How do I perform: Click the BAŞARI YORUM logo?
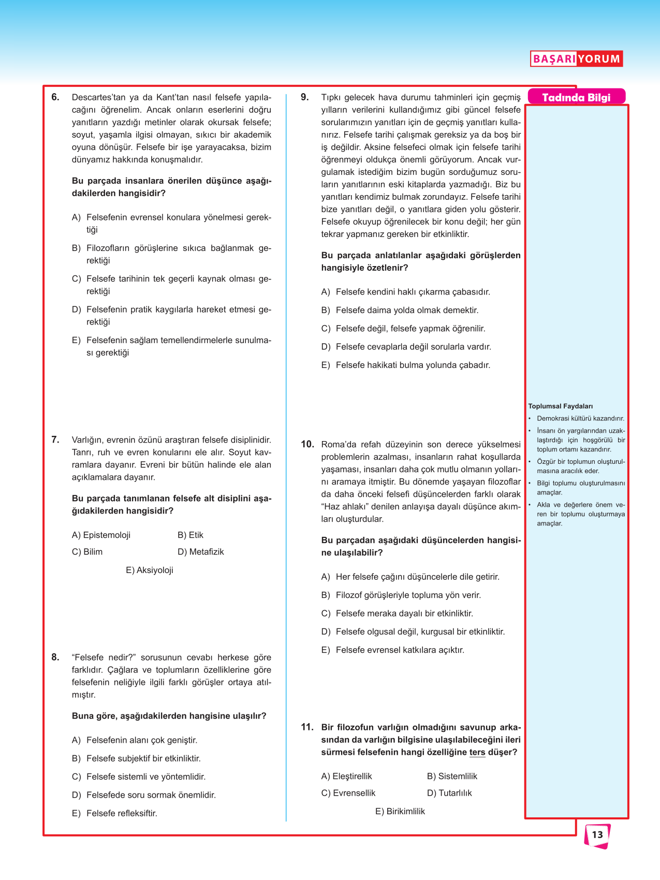pyautogui.click(x=576, y=58)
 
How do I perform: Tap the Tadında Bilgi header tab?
pyautogui.click(x=576, y=97)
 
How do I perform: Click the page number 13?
pyautogui.click(x=597, y=835)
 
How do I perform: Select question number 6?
pyautogui.click(x=55, y=97)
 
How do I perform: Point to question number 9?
pyautogui.click(x=305, y=97)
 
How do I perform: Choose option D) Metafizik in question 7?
pyautogui.click(x=201, y=552)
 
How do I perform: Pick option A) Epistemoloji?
pyautogui.click(x=101, y=535)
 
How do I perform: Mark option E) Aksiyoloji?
pyautogui.click(x=150, y=570)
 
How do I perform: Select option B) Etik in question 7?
pyautogui.click(x=190, y=535)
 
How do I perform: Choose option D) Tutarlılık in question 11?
pyautogui.click(x=449, y=793)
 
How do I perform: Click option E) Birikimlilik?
pyautogui.click(x=400, y=812)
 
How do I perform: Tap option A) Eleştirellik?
pyautogui.click(x=346, y=776)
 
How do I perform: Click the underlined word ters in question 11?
pyautogui.click(x=477, y=753)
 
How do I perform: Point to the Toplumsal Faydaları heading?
pyautogui.click(x=560, y=406)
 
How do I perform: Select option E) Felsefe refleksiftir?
pyautogui.click(x=115, y=814)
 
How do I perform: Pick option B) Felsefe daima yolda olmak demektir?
pyautogui.click(x=400, y=311)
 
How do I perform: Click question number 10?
pyautogui.click(x=307, y=444)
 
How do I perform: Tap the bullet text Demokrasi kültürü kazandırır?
pyautogui.click(x=580, y=419)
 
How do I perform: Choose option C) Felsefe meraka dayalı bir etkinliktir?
pyautogui.click(x=397, y=613)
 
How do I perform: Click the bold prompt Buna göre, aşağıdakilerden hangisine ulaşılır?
pyautogui.click(x=169, y=716)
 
